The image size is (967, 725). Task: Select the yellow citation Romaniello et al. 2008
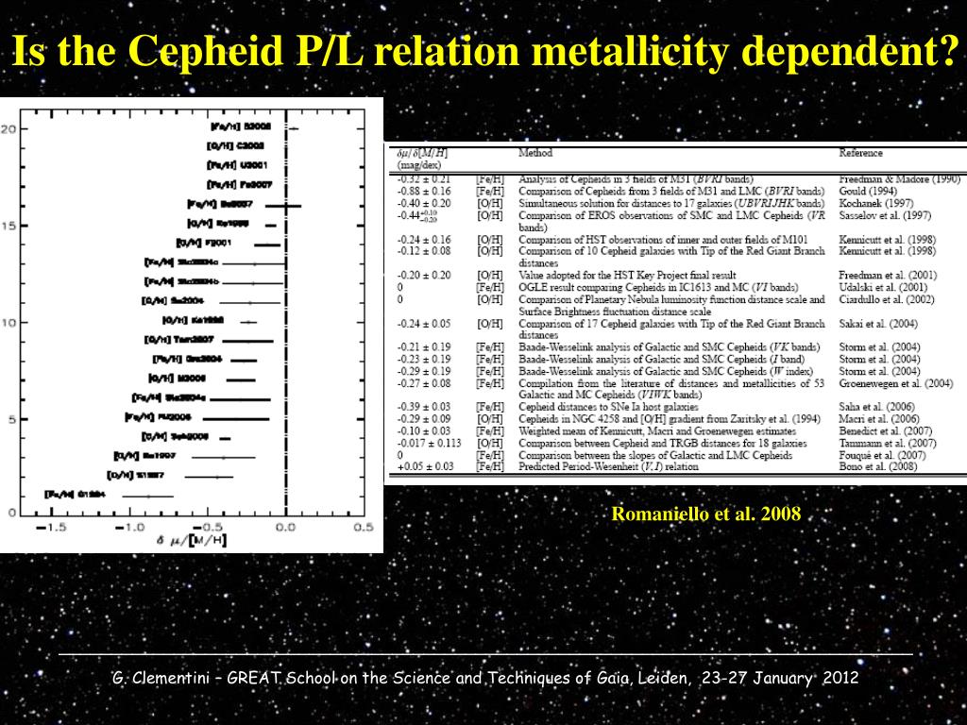[x=706, y=514]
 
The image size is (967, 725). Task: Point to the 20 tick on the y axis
[x=8, y=129]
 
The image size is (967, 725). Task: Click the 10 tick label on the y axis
[x=8, y=323]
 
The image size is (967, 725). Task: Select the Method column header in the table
[x=535, y=153]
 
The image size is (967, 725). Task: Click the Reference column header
[x=860, y=153]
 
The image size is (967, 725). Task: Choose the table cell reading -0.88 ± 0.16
[x=424, y=191]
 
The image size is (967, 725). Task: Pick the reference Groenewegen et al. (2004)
[x=892, y=383]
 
